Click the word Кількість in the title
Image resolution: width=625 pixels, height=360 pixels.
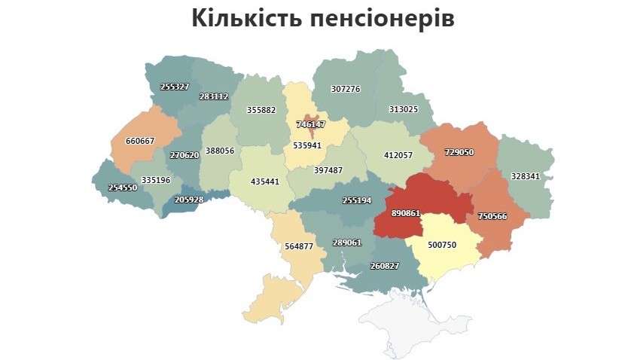click(x=245, y=18)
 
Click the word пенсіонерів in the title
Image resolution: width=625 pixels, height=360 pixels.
click(x=382, y=18)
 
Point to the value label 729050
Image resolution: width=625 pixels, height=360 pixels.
click(x=459, y=151)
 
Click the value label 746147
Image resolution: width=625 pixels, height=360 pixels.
click(x=311, y=124)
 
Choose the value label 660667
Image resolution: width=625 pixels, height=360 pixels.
click(x=139, y=141)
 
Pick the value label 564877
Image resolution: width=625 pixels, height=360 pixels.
click(x=299, y=246)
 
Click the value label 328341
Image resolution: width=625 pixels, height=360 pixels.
click(x=525, y=175)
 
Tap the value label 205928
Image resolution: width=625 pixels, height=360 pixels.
click(x=189, y=200)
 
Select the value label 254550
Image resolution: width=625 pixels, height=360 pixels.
click(x=123, y=188)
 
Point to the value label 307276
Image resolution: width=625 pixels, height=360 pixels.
click(x=346, y=89)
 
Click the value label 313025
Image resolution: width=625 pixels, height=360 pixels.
click(x=403, y=109)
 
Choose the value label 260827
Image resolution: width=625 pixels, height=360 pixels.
click(x=386, y=265)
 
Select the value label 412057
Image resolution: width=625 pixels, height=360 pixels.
click(x=398, y=155)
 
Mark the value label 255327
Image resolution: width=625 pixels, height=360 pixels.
click(x=175, y=87)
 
